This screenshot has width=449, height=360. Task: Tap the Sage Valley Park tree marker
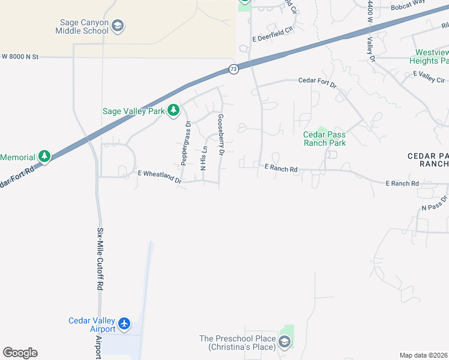pyautogui.click(x=173, y=110)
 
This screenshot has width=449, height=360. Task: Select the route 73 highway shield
pyautogui.click(x=234, y=70)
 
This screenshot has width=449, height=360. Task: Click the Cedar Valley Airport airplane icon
pyautogui.click(x=124, y=324)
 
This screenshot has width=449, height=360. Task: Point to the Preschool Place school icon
pyautogui.click(x=285, y=343)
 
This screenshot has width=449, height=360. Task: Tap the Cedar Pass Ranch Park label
pyautogui.click(x=325, y=139)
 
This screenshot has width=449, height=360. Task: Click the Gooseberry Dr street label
pyautogui.click(x=221, y=136)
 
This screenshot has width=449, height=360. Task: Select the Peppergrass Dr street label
pyautogui.click(x=185, y=143)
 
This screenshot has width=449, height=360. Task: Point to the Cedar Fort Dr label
pyautogui.click(x=318, y=82)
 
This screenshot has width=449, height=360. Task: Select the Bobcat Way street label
pyautogui.click(x=408, y=2)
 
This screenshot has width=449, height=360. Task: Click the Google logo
pyautogui.click(x=20, y=353)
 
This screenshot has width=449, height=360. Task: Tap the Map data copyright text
pyautogui.click(x=423, y=355)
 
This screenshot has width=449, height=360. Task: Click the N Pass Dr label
pyautogui.click(x=435, y=203)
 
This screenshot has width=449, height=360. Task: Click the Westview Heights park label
pyautogui.click(x=429, y=56)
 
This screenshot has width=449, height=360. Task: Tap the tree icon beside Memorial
pyautogui.click(x=44, y=157)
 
